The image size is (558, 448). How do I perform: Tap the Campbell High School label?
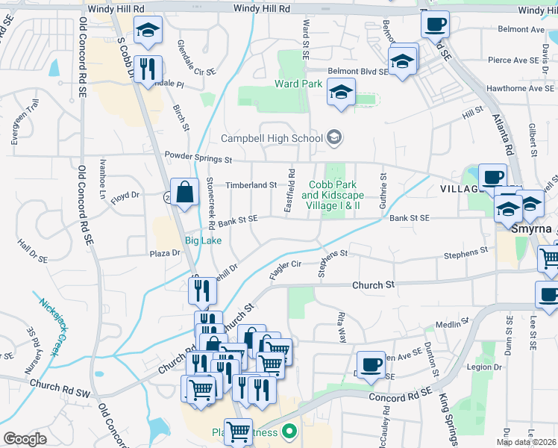272,138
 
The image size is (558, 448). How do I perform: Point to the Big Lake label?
203,240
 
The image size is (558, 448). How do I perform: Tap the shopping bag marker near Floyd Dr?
184,192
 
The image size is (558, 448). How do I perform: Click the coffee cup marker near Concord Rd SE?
371,365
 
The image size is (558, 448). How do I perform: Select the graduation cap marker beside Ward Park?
341,93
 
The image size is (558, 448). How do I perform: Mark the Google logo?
25,439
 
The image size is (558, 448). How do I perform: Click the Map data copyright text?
527,442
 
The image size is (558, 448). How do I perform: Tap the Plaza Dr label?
166,253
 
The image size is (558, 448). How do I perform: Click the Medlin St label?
450,325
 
